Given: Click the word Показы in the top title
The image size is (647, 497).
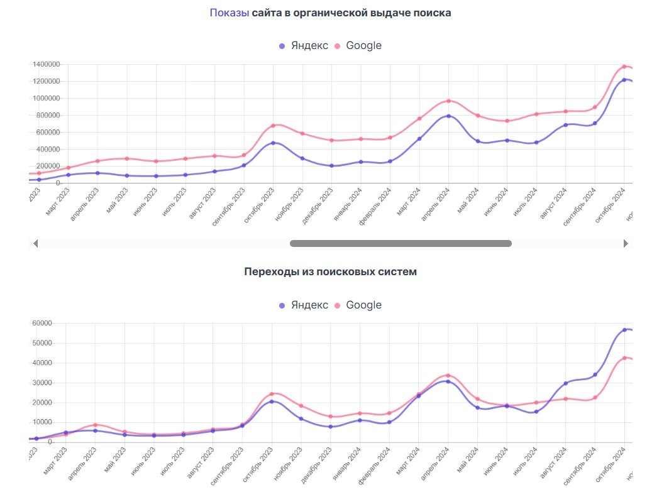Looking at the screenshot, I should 229,13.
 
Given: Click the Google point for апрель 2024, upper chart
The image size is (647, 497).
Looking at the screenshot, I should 448,101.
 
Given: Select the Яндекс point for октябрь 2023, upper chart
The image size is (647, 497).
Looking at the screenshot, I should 273,143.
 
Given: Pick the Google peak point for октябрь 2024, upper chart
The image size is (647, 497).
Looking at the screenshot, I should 624,66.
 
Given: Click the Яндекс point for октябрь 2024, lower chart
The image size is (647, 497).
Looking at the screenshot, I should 624,329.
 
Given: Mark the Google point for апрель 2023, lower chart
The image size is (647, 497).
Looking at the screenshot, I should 95,425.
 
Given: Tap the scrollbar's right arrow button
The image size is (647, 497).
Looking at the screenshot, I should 626,243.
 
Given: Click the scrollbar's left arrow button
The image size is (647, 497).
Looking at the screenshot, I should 36,243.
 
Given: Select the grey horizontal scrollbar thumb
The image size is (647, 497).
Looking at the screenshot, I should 401,243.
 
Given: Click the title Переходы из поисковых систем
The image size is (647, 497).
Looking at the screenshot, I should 330,271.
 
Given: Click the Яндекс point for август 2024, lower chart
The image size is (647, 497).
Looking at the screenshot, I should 566,383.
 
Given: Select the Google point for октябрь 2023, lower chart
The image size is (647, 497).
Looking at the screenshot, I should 272,394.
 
